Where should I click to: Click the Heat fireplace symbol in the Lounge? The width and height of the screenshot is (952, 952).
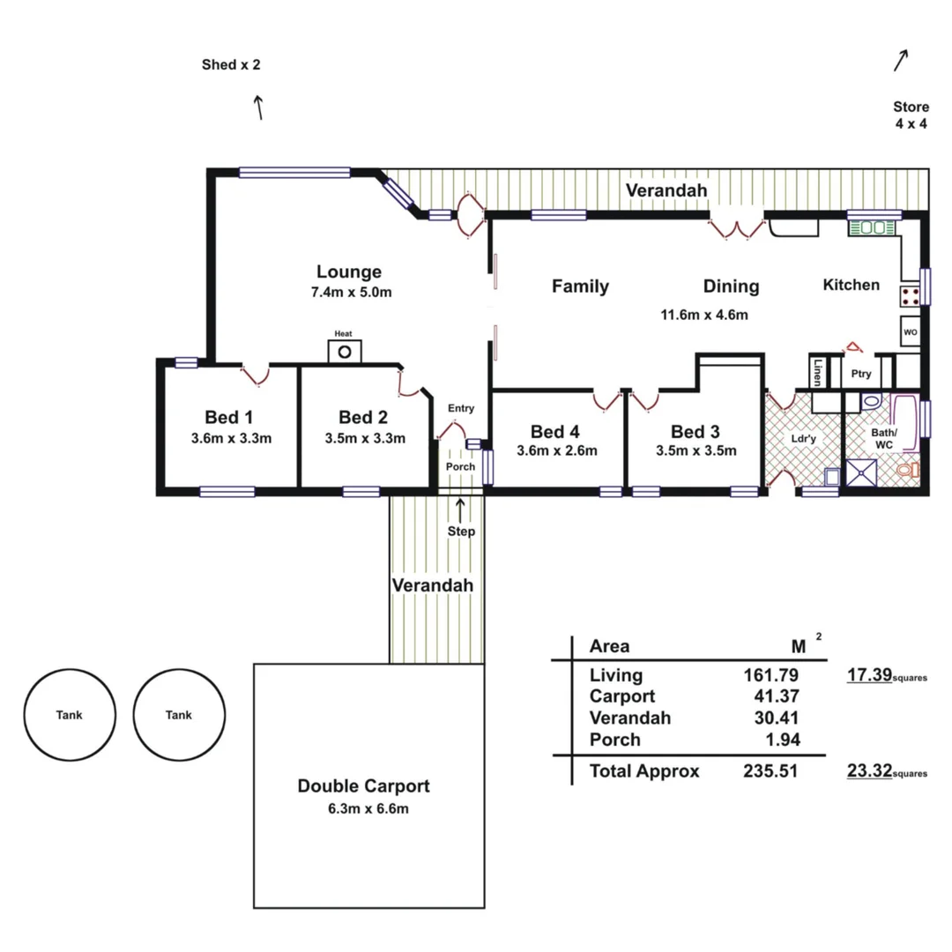click(x=345, y=351)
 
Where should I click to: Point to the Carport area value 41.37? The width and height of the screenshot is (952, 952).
click(x=771, y=696)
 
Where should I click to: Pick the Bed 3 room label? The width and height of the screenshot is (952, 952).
click(x=695, y=432)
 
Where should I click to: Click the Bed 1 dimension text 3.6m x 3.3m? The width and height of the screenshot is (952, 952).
click(x=231, y=438)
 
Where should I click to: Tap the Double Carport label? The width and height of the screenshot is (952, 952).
click(x=363, y=786)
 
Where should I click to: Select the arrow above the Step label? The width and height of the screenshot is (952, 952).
click(x=460, y=509)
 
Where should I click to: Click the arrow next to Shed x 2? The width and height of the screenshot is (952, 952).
click(x=259, y=108)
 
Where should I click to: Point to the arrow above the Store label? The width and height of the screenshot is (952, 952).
click(x=900, y=60)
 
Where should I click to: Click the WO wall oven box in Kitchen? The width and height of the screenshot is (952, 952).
click(x=910, y=332)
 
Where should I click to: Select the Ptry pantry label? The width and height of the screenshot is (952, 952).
click(x=860, y=374)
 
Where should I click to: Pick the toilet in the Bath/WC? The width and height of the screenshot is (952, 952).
click(x=905, y=470)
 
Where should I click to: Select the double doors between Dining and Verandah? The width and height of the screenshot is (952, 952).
click(x=737, y=229)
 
